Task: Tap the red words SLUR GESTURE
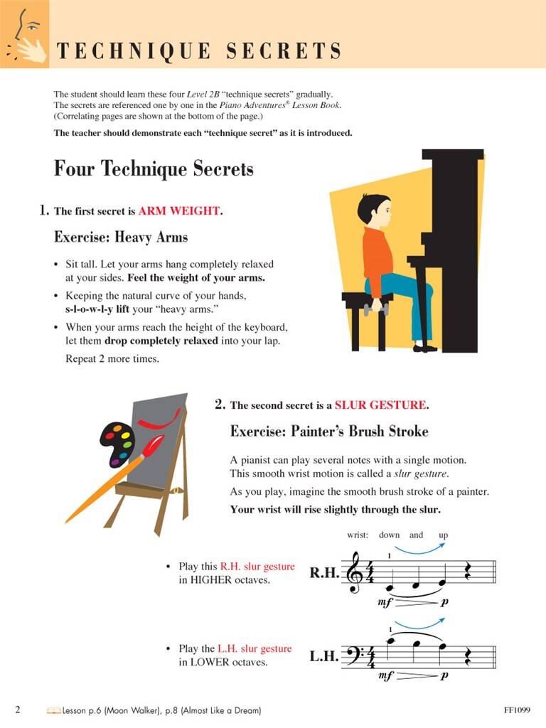[x=380, y=405]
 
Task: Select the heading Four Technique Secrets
[x=154, y=169]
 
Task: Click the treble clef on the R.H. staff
[x=354, y=573]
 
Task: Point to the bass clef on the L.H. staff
[x=353, y=655]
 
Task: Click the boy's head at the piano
[x=373, y=211]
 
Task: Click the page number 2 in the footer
[x=18, y=710]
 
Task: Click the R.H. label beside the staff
[x=324, y=573]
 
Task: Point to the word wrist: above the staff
[x=358, y=535]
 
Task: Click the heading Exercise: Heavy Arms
[x=121, y=237]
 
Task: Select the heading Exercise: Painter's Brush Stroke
[x=329, y=432]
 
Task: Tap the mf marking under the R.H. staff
[x=385, y=602]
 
